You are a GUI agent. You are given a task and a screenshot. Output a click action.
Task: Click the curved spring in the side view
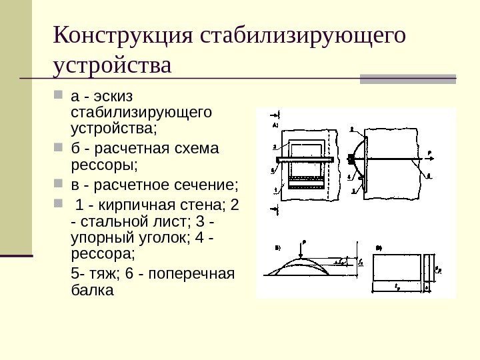(358, 159)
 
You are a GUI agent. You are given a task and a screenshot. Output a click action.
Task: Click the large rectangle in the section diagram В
(397, 268)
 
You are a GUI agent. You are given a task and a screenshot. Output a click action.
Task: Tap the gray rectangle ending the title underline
(408, 79)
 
